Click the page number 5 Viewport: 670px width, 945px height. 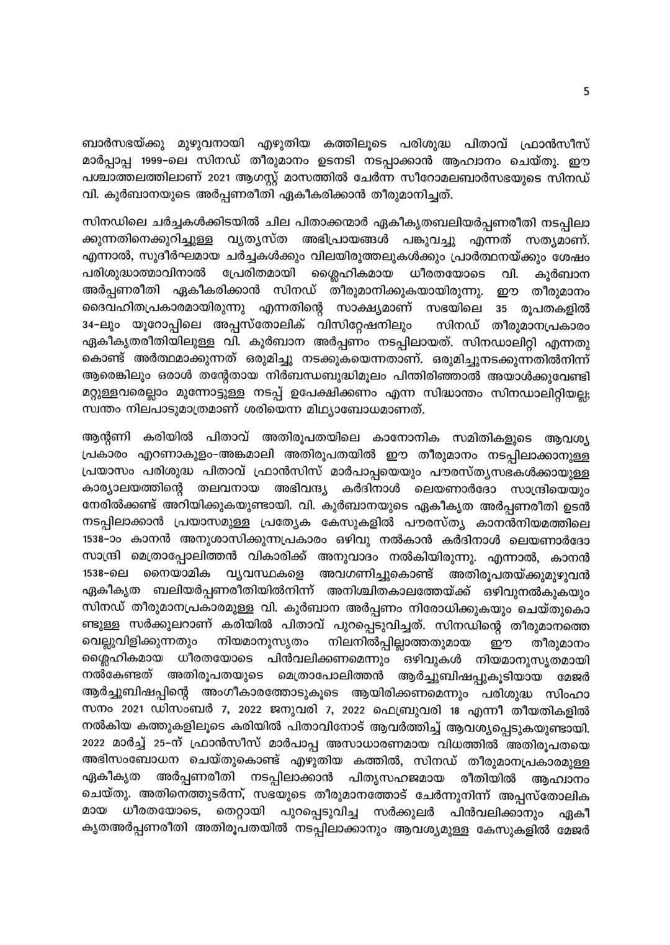pos(586,91)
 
